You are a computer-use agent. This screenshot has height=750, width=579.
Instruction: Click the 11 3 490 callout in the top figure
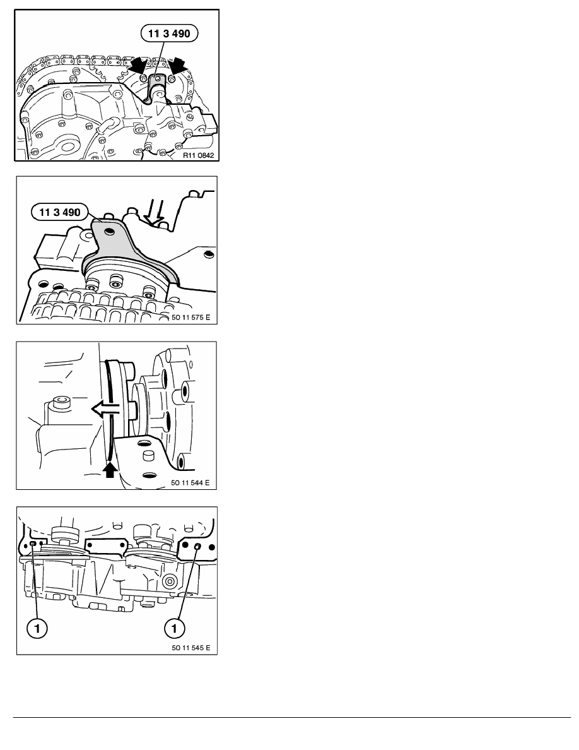point(169,33)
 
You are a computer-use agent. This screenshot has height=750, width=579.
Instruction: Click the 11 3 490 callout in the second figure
point(60,212)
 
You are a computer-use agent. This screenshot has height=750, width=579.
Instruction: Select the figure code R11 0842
point(198,155)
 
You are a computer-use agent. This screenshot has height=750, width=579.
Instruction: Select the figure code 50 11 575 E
point(190,317)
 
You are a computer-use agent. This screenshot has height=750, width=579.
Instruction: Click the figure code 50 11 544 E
point(190,482)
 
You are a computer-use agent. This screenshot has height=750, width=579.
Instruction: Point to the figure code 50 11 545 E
point(190,648)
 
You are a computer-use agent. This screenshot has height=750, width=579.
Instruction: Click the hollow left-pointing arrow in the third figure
point(105,410)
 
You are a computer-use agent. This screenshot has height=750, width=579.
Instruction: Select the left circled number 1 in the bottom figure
point(37,628)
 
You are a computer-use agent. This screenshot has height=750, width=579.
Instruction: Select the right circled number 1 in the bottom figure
point(174,628)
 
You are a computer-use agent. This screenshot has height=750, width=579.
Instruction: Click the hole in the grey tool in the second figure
point(111,232)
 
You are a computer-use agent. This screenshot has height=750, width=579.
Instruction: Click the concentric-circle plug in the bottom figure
point(168,581)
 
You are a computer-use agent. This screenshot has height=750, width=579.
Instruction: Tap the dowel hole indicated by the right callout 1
point(197,545)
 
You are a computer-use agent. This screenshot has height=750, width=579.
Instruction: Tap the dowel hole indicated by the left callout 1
point(33,544)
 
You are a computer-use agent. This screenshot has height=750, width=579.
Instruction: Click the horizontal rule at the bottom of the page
point(292,717)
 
